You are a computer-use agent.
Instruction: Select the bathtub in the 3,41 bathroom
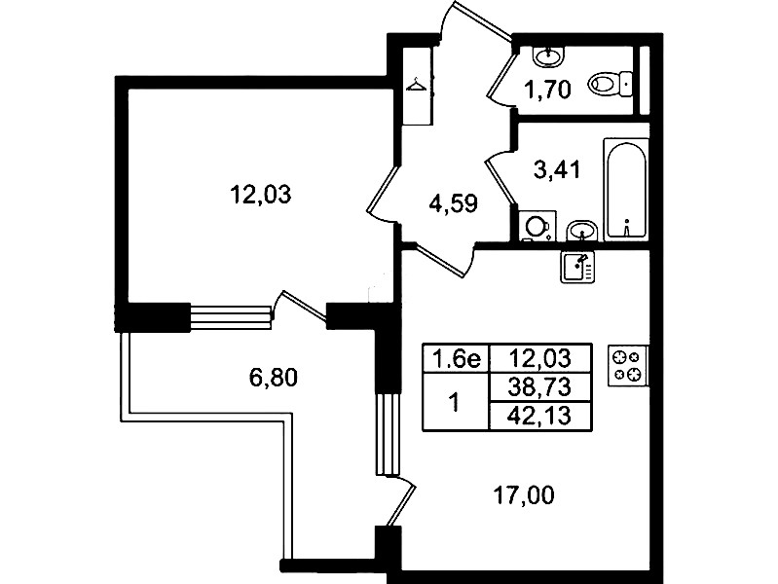[626, 189]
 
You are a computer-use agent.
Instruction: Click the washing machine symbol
[537, 226]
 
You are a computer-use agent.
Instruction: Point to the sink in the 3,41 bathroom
[581, 231]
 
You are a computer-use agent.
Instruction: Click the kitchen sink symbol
[577, 267]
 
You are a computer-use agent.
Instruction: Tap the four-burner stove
[628, 365]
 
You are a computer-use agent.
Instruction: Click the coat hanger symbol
[416, 86]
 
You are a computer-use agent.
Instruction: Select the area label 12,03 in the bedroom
[261, 194]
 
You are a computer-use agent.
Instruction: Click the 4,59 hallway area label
[454, 203]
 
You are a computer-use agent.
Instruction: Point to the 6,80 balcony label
[273, 378]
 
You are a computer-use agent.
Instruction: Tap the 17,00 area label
[524, 494]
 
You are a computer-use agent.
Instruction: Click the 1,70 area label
[548, 90]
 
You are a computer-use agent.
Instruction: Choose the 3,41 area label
[557, 170]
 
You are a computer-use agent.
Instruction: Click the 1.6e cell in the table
[456, 358]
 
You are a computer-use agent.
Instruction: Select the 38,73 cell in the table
[540, 386]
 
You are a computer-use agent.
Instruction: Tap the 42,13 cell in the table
[540, 416]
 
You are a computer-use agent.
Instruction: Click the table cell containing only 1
[456, 401]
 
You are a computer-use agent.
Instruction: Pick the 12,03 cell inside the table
[540, 358]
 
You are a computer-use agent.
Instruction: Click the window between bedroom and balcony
[231, 317]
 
